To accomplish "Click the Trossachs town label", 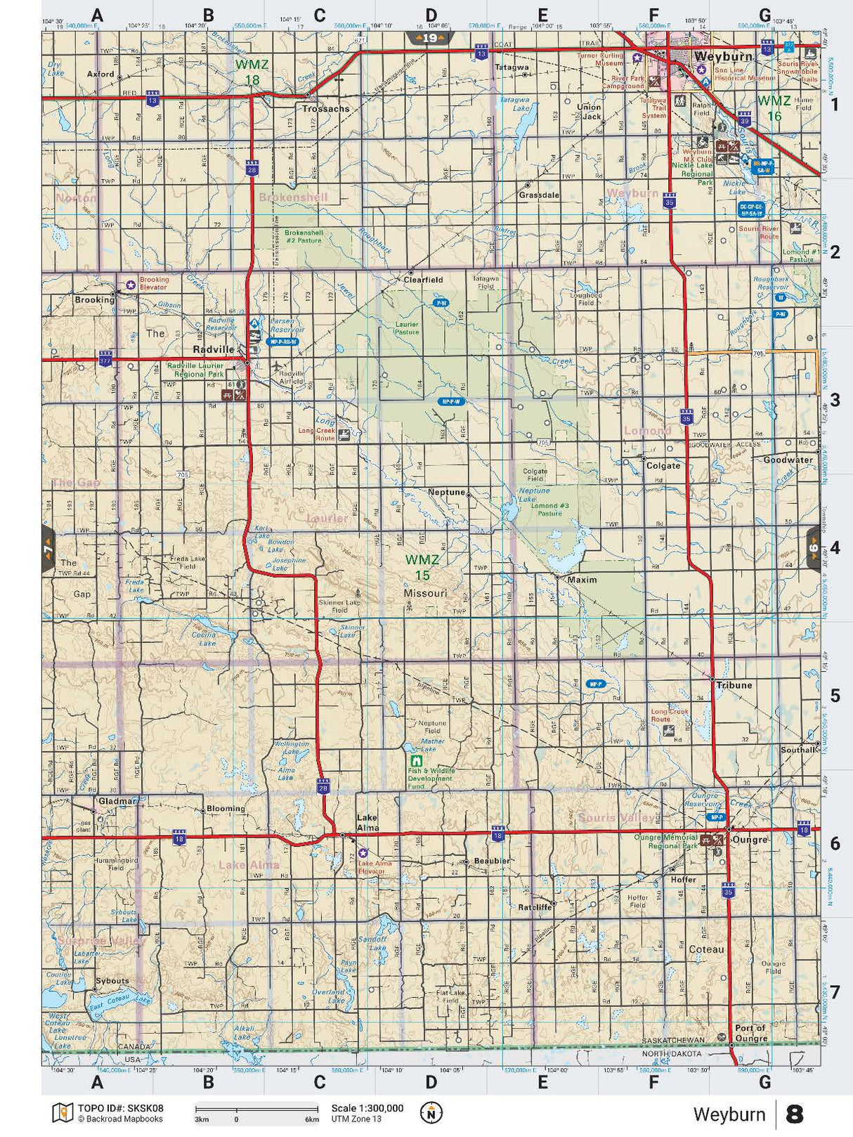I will [325, 109].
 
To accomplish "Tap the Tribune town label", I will [734, 685].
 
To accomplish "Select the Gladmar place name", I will [117, 801].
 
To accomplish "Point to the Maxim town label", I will [582, 580].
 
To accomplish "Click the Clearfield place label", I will [423, 279].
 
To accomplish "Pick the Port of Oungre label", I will [751, 1033].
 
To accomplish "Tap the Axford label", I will [100, 74].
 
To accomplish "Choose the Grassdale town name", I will [539, 195].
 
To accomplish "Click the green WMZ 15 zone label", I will [422, 567].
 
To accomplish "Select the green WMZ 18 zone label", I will [252, 72].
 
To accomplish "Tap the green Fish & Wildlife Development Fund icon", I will [416, 760].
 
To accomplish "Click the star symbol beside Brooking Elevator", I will [131, 285].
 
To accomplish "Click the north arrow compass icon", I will [431, 1112].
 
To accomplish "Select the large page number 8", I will [794, 1114].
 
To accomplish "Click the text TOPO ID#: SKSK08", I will [120, 1107].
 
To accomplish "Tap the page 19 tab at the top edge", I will [430, 38].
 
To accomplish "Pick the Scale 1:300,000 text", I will [367, 1108].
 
